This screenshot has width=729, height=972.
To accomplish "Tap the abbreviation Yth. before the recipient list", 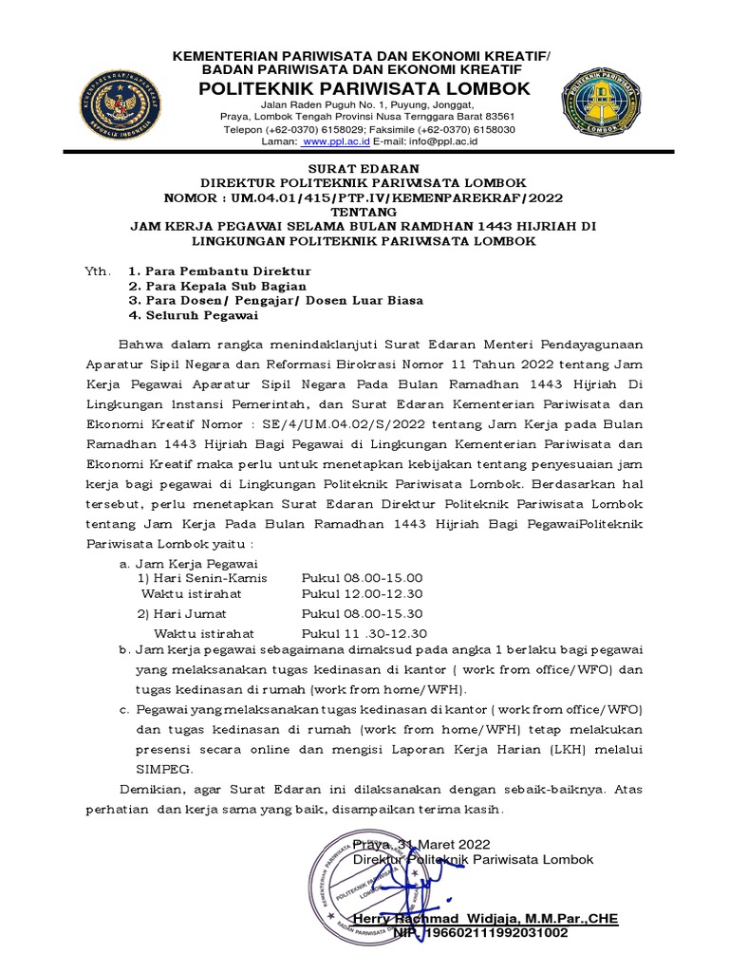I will (x=98, y=271).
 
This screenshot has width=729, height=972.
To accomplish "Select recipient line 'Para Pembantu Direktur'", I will (x=227, y=271).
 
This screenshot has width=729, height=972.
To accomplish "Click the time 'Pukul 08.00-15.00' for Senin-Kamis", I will (x=362, y=578).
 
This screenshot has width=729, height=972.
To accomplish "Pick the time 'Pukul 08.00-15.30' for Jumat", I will (x=362, y=614).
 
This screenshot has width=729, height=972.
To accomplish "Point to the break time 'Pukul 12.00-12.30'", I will (x=364, y=594).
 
